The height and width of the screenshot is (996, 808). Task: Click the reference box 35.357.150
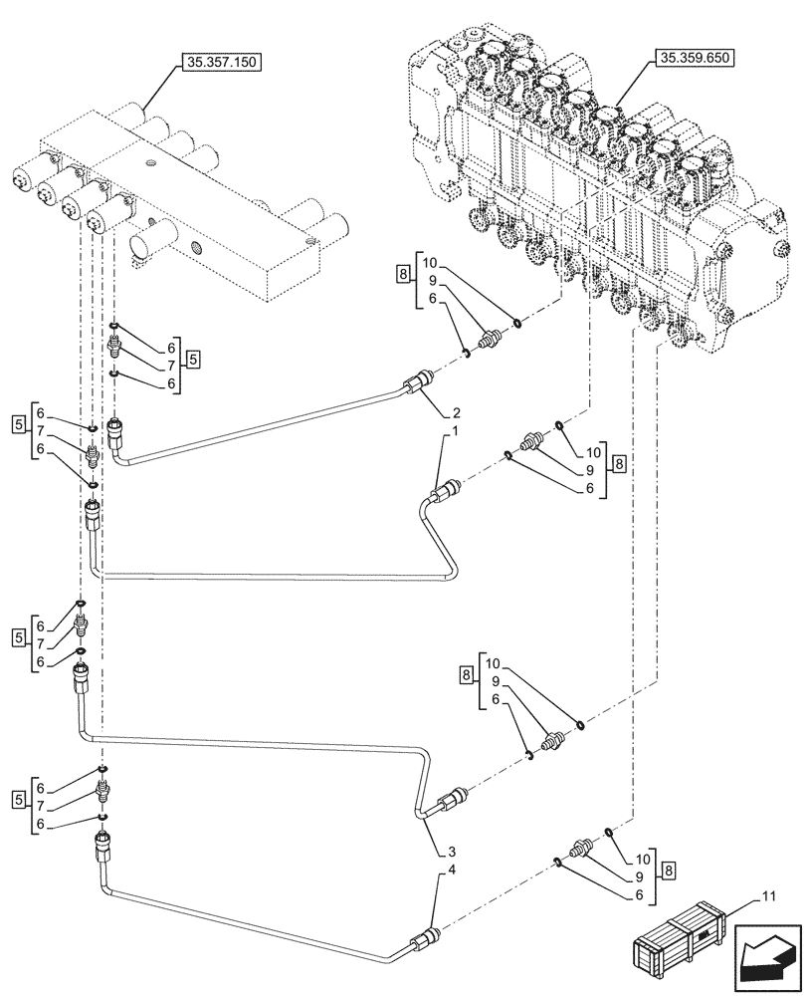pyautogui.click(x=220, y=63)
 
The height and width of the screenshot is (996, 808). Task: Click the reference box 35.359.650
pyautogui.click(x=694, y=59)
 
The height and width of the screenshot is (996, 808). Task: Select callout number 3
pyautogui.click(x=452, y=853)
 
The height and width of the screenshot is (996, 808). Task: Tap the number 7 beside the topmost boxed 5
pyautogui.click(x=171, y=366)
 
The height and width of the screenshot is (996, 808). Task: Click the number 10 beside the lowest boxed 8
pyautogui.click(x=643, y=860)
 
